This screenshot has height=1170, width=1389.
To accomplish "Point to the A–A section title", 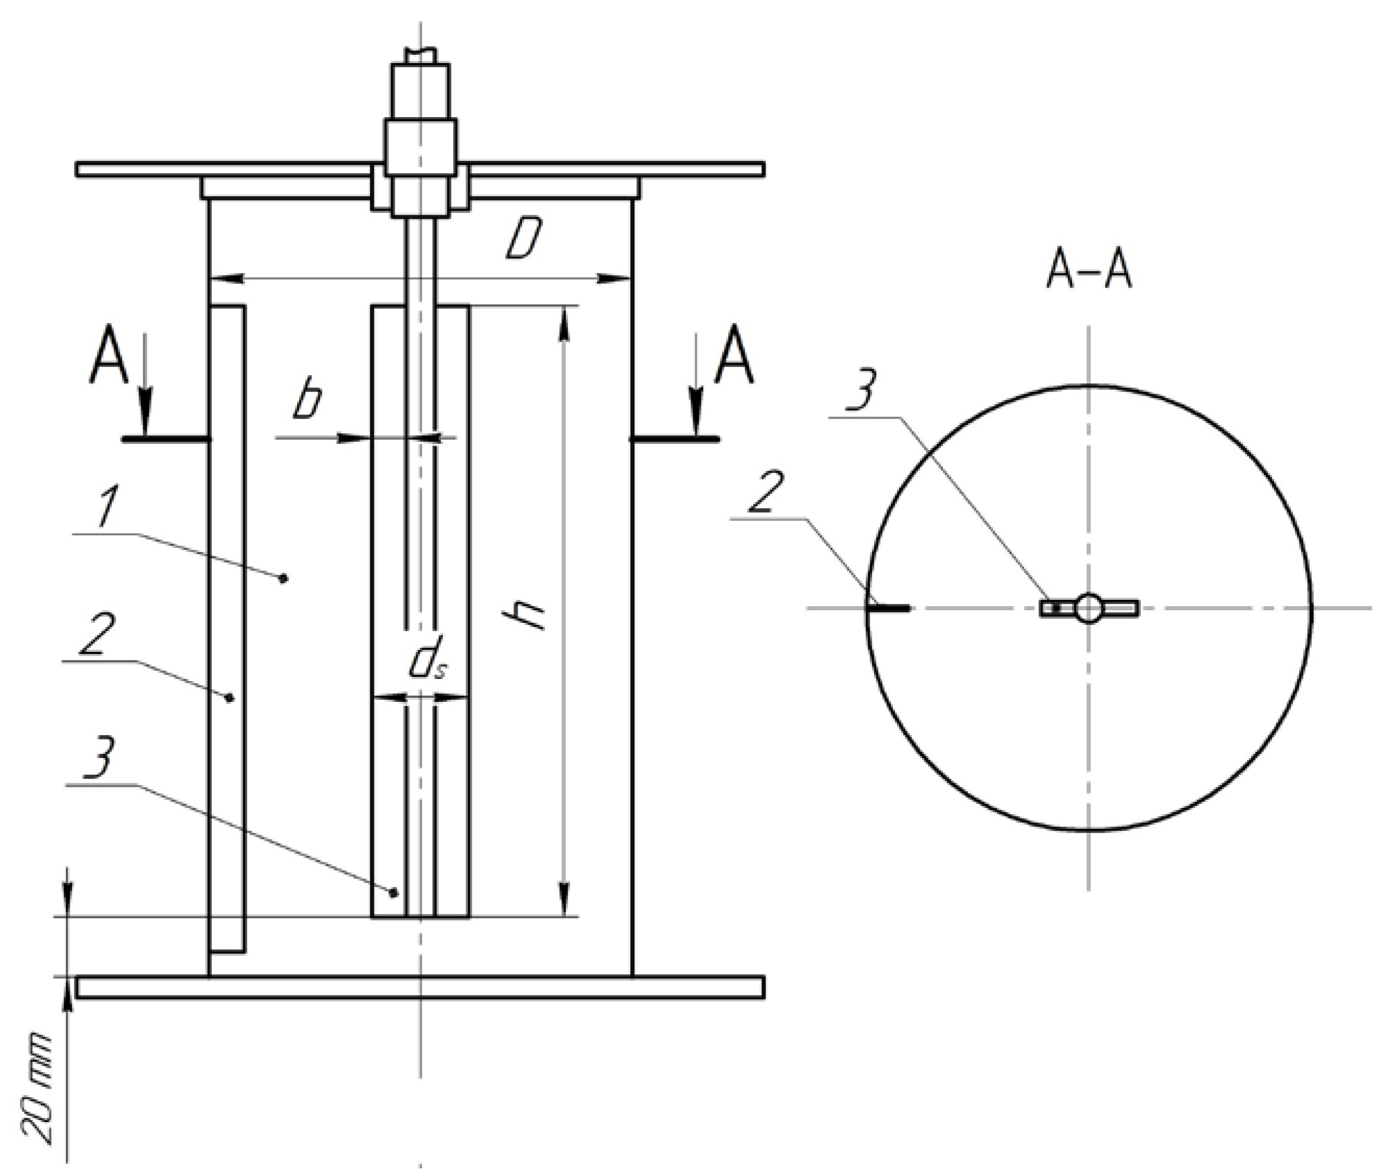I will point(1088,272).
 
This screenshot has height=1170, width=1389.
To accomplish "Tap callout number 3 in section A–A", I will point(861,392).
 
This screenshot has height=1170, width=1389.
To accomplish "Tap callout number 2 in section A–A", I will point(766,492).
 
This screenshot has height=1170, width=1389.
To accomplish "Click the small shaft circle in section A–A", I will point(1088,608).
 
